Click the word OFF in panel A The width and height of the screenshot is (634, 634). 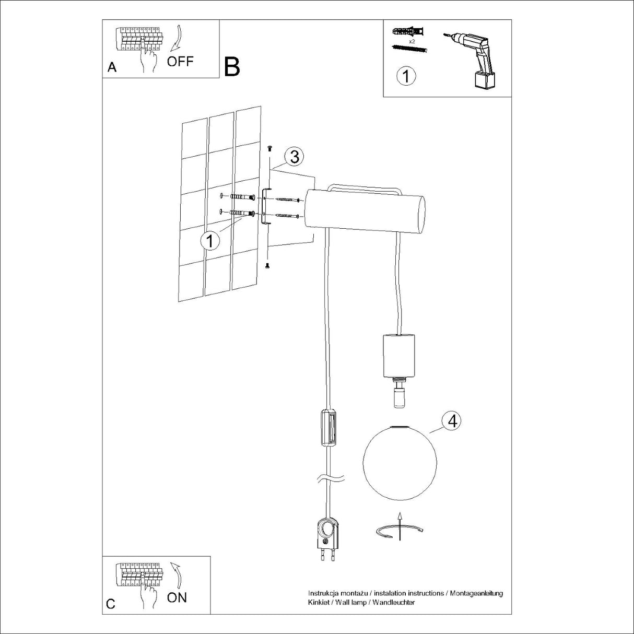pyautogui.click(x=180, y=61)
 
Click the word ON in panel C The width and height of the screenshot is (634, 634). pyautogui.click(x=177, y=597)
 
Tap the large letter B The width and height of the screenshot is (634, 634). pyautogui.click(x=232, y=67)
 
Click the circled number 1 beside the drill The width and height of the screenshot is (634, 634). pyautogui.click(x=406, y=76)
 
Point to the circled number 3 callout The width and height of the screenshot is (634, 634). pyautogui.click(x=294, y=156)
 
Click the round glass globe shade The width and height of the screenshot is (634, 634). pyautogui.click(x=395, y=461)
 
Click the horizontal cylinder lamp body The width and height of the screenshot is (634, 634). pyautogui.click(x=365, y=210)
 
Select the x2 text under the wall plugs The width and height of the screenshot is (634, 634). pyautogui.click(x=412, y=41)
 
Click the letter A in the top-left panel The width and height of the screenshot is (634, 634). pyautogui.click(x=112, y=67)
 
